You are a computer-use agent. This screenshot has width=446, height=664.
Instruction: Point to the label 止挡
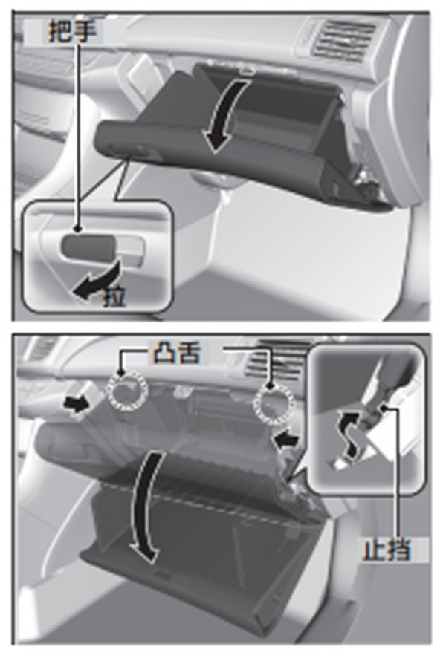click(x=387, y=550)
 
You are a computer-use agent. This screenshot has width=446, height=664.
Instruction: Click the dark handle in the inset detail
click(x=88, y=246)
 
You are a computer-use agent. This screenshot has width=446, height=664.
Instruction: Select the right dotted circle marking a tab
click(x=274, y=403)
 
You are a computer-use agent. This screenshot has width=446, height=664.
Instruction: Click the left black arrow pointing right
click(x=77, y=404)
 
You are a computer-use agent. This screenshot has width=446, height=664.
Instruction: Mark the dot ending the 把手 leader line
click(x=77, y=229)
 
